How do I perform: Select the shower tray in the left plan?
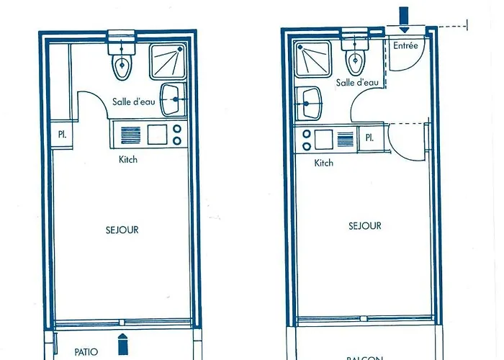point(168,60)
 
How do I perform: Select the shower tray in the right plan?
point(312,60)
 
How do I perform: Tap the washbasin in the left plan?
point(172,99)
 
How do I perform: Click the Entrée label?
point(405,45)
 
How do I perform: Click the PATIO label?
point(86,352)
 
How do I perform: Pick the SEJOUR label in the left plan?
point(122,230)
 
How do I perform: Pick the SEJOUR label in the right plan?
point(364,226)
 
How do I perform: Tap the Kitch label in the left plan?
point(128,159)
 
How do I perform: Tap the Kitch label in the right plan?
point(324,163)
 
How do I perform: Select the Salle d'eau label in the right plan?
point(357,84)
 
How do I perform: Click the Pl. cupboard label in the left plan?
point(62,134)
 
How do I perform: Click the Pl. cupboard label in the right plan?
point(370,138)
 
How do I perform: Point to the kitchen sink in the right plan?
point(323,138)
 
